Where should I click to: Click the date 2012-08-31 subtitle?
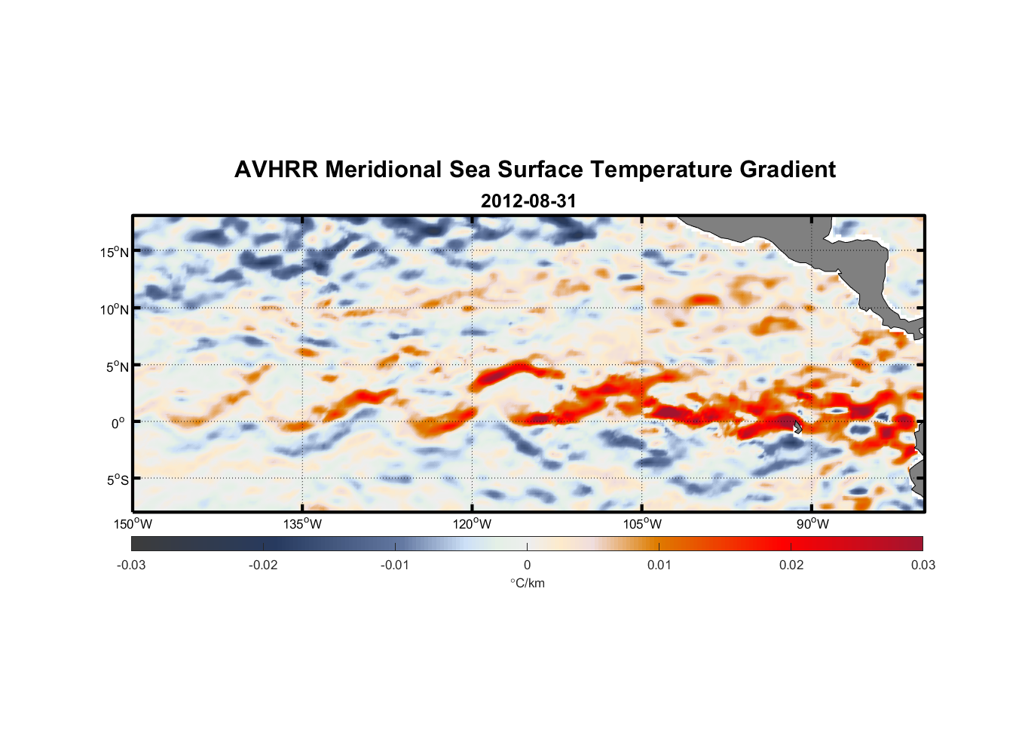click(x=528, y=201)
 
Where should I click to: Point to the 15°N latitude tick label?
click(x=115, y=252)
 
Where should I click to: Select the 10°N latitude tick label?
click(x=115, y=309)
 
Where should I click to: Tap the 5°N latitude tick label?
click(x=117, y=366)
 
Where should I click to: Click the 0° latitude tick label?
click(x=119, y=423)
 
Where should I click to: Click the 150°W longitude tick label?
click(x=133, y=524)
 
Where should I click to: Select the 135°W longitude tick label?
click(x=302, y=524)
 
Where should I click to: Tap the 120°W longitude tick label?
click(x=472, y=524)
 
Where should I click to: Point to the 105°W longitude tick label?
click(x=642, y=524)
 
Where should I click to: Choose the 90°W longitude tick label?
click(x=812, y=524)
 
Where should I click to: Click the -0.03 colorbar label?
click(x=131, y=565)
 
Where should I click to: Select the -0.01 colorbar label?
click(x=395, y=565)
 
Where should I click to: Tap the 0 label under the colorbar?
click(x=527, y=565)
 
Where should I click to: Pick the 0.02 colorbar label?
click(x=791, y=565)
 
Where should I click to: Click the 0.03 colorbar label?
click(x=923, y=565)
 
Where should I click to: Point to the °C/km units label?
click(x=528, y=583)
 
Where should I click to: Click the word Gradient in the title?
click(x=788, y=170)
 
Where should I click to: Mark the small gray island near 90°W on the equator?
click(x=797, y=427)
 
